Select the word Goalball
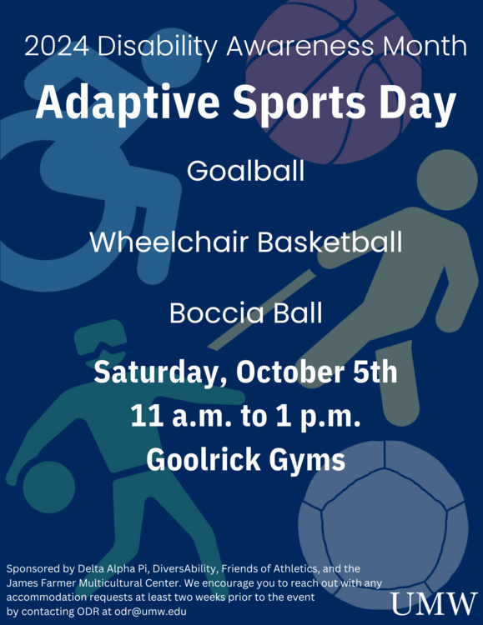(245, 171)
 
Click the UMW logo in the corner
(435, 602)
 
